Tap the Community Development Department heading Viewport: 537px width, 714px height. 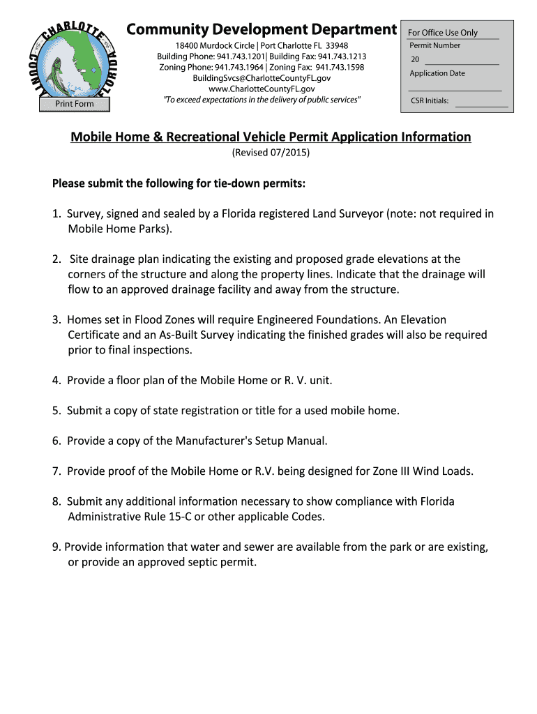(261, 29)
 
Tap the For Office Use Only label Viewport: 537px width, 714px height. (443, 33)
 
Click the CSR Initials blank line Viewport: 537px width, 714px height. (481, 104)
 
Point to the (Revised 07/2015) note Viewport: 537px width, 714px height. (271, 153)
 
